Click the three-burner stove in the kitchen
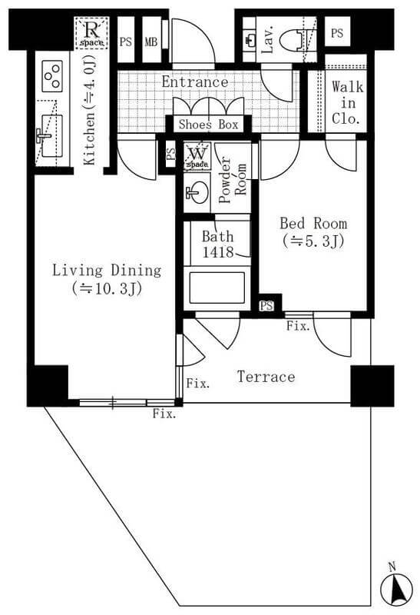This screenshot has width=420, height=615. pos(52,75)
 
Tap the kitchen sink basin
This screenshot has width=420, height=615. pos(51,136)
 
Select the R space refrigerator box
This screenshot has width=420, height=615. pos(91,32)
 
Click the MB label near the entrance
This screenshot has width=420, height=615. pos(151,42)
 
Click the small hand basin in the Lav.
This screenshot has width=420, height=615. pos(250,39)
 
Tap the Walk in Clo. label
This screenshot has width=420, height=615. pos(347,103)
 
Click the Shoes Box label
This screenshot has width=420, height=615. pos(208,125)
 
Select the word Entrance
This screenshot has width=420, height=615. pos(195,82)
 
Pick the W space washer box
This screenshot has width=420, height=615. pos(197,156)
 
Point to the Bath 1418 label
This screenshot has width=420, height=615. pos(218,244)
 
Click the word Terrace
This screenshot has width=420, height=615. pos(266,377)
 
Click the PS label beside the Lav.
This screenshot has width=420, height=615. pos(337,33)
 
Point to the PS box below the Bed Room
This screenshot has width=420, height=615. pos(266,305)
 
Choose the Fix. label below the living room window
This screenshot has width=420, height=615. pos(164,414)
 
